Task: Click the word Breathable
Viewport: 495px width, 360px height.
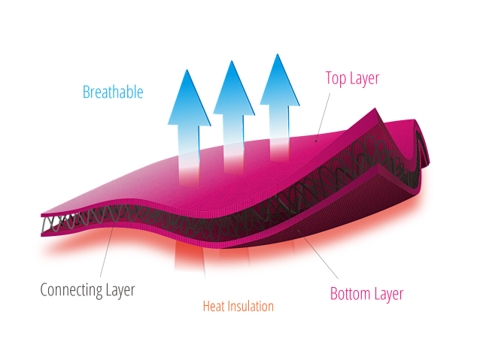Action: pyautogui.click(x=113, y=92)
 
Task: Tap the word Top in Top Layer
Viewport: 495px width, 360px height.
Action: pyautogui.click(x=336, y=78)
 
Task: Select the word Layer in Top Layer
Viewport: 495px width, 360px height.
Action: pyautogui.click(x=365, y=79)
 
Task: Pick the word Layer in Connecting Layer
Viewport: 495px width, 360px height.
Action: pyautogui.click(x=118, y=290)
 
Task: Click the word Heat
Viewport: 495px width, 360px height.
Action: pyautogui.click(x=214, y=307)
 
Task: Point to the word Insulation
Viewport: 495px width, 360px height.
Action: pyautogui.click(x=251, y=307)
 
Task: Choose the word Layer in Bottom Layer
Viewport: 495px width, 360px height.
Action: pyautogui.click(x=388, y=294)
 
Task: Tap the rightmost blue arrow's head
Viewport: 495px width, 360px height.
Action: pyautogui.click(x=279, y=80)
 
